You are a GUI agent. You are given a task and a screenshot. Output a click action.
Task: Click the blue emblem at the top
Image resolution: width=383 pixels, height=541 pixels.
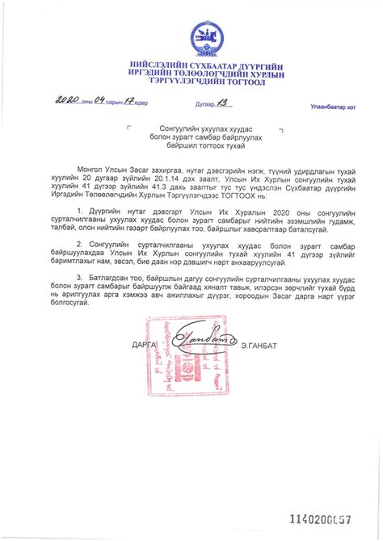click(x=201, y=37)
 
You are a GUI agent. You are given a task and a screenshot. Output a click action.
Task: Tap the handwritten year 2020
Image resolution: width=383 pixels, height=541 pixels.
click(x=68, y=102)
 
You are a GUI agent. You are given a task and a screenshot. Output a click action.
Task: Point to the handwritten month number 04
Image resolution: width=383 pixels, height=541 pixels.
click(x=100, y=102)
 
